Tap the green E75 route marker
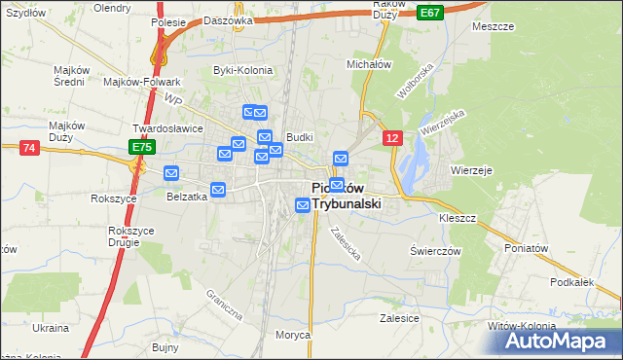pos(142,147)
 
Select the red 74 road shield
pos(29,147)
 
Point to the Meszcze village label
pos(493,27)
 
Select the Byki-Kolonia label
pos(242,70)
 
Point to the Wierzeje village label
pos(471,169)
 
